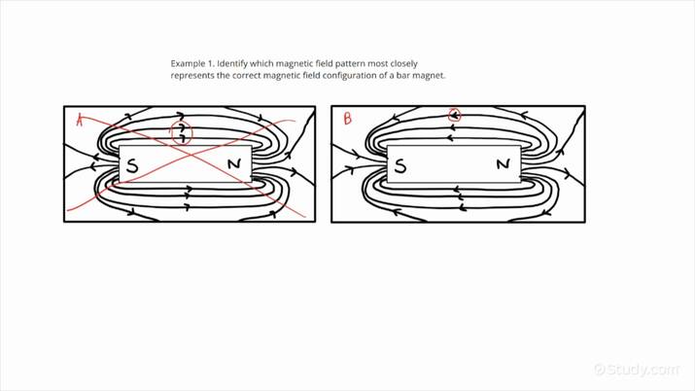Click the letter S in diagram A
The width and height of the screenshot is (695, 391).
click(132, 165)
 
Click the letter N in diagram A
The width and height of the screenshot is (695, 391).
click(234, 164)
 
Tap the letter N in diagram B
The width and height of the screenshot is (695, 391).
click(503, 164)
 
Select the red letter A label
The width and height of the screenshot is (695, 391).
click(80, 120)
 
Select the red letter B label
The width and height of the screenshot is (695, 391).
click(347, 120)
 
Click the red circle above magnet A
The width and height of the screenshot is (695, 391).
click(181, 133)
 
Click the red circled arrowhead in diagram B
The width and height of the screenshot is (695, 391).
click(454, 117)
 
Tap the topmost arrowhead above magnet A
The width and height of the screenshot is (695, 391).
click(181, 117)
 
